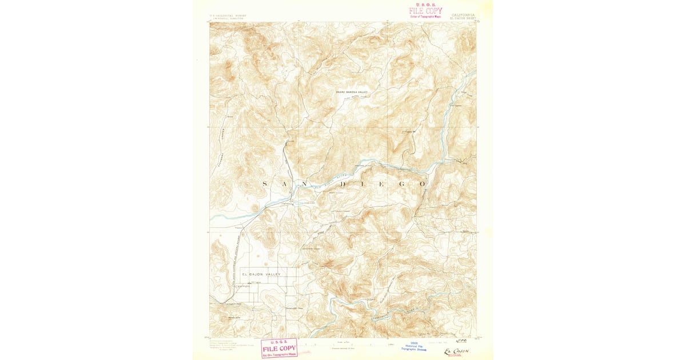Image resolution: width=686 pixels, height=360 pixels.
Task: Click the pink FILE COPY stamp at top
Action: [425, 10]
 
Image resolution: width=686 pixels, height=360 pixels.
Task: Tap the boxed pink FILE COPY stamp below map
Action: [279, 347]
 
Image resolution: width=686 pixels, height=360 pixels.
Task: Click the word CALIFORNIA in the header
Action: [462, 15]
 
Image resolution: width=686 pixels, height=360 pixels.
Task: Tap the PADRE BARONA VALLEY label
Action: [352, 92]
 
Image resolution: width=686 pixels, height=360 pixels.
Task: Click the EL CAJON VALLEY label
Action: [261, 274]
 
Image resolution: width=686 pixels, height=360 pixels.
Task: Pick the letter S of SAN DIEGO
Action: [264, 184]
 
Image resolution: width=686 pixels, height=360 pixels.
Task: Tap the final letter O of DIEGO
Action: [422, 184]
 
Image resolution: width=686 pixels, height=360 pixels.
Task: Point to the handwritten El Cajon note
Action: [456, 350]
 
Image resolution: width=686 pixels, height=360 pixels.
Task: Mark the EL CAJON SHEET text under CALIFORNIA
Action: [462, 19]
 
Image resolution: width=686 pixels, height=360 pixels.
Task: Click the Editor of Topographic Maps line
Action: [426, 17]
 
